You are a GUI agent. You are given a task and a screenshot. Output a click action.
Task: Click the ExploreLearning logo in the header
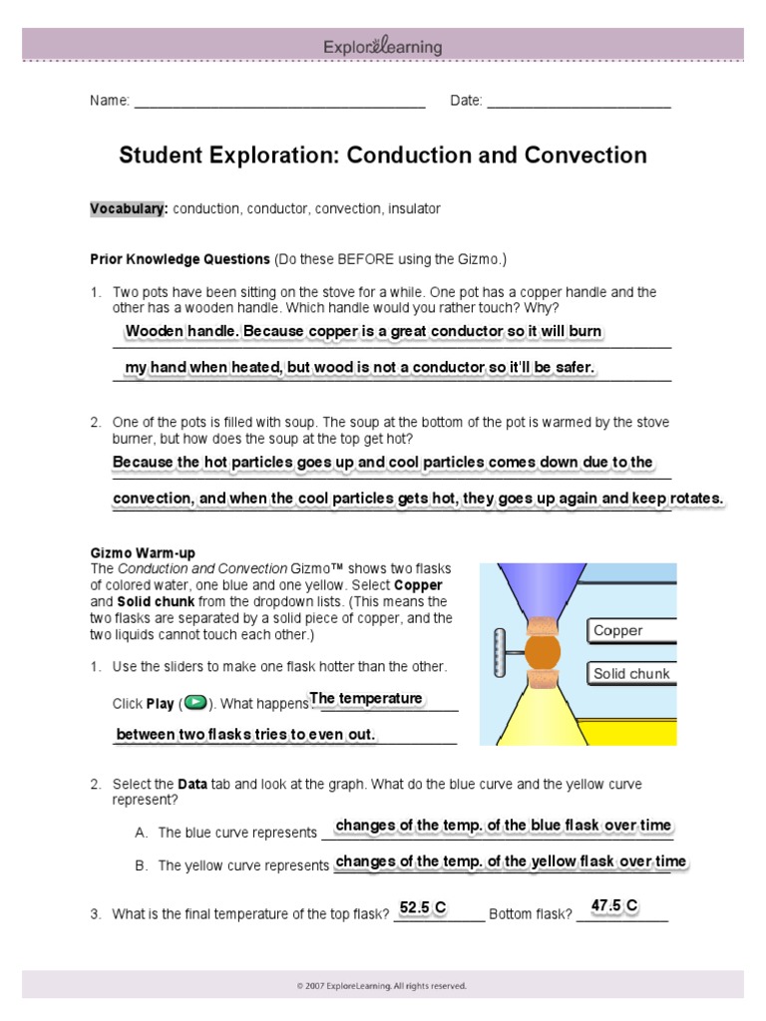coord(382,46)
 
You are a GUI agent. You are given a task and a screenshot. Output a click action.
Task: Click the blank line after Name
coord(279,102)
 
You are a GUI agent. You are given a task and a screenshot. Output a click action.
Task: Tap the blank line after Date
coord(578,102)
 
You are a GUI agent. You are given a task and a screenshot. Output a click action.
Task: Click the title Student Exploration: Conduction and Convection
coord(383,156)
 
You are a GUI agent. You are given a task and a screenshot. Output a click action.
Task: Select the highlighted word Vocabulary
coord(128,209)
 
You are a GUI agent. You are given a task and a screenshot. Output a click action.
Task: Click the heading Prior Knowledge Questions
coord(180,259)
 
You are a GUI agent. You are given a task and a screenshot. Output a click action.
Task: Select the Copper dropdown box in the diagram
coord(631,630)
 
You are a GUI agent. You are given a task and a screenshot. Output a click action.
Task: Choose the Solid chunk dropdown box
coord(631,673)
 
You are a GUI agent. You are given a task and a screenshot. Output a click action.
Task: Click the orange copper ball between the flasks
coord(543,651)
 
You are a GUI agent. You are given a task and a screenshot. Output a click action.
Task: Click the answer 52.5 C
coord(422,907)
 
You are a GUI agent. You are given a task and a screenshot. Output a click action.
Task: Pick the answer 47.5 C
coord(614,905)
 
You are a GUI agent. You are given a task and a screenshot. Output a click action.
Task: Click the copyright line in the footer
coord(382,986)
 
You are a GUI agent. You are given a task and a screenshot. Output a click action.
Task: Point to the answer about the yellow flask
coord(511,861)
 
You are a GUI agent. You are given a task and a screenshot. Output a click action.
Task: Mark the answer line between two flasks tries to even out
coord(245,735)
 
